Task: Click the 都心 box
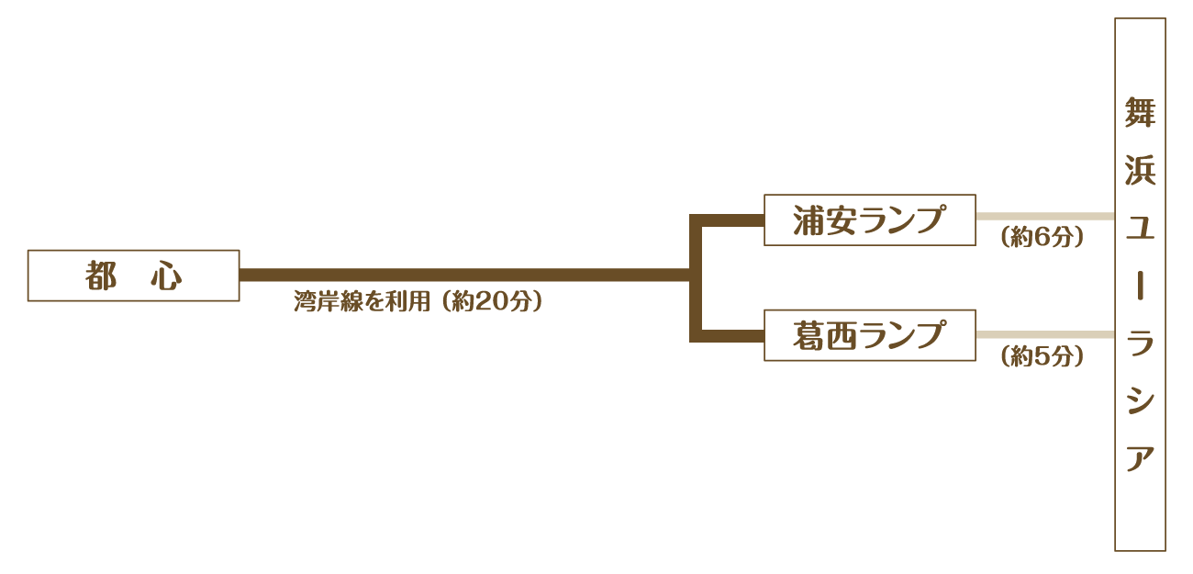tap(133, 276)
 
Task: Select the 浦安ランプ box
tap(869, 220)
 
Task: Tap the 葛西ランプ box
tap(869, 335)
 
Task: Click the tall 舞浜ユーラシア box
tap(1140, 285)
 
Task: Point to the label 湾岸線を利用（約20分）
tap(418, 302)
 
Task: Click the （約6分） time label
tap(1042, 237)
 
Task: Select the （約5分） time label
tap(1042, 356)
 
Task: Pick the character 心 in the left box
tap(166, 276)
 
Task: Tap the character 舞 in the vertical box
tap(1140, 112)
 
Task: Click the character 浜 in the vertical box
tap(1140, 171)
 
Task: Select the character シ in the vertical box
tap(1140, 401)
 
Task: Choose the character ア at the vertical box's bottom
tap(1140, 458)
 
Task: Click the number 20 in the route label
tap(494, 302)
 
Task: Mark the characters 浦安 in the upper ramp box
tap(824, 220)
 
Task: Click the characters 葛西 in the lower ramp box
tap(824, 335)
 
